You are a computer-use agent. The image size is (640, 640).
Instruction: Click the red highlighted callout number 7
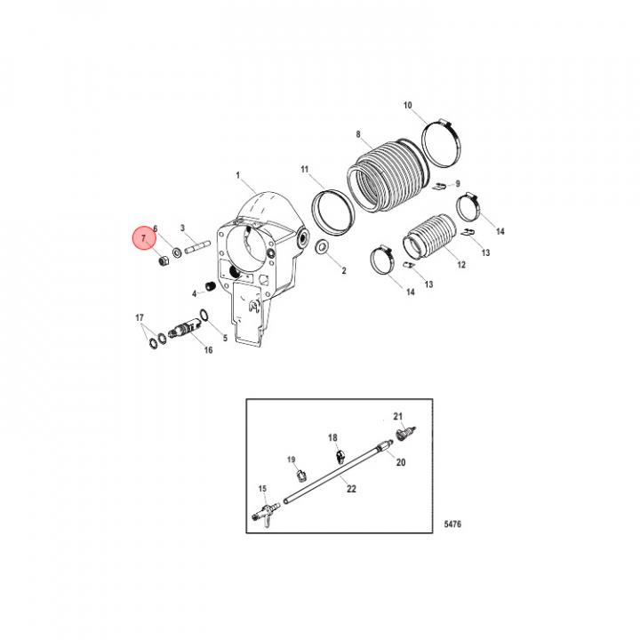tap(143, 238)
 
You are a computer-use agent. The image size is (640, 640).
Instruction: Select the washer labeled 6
tap(177, 252)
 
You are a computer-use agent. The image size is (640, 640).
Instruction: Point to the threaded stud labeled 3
tap(197, 248)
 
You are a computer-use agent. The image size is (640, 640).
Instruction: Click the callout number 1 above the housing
tap(238, 175)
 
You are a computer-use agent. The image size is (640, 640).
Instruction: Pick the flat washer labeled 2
tap(323, 247)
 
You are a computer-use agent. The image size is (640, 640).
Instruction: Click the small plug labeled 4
tap(211, 286)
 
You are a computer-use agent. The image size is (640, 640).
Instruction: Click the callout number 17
tap(140, 317)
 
